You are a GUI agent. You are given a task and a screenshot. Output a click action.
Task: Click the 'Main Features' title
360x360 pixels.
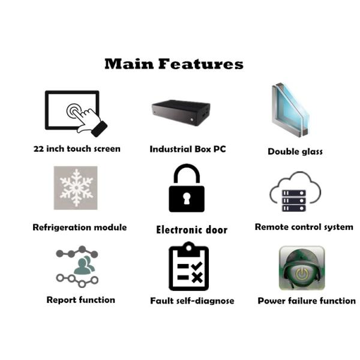click(x=174, y=64)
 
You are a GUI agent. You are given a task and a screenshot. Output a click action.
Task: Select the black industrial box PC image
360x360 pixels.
click(x=181, y=113)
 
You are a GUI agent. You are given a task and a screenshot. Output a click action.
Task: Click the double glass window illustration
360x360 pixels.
click(x=290, y=110)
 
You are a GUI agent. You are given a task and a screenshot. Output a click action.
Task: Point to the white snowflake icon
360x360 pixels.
click(x=76, y=188)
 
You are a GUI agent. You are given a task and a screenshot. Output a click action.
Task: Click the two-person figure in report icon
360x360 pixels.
click(x=84, y=265)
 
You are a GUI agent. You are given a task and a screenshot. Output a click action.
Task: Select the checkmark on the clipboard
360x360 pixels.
click(x=197, y=266)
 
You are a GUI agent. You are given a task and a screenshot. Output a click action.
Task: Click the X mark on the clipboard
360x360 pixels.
click(x=197, y=278)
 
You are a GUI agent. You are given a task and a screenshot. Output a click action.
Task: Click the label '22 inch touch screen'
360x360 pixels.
click(x=77, y=149)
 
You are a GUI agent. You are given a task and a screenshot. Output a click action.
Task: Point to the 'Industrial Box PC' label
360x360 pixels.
click(x=188, y=149)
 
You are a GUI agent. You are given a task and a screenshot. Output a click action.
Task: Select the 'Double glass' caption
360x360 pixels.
click(x=295, y=152)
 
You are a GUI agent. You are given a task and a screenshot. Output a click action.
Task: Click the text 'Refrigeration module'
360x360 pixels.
click(x=80, y=227)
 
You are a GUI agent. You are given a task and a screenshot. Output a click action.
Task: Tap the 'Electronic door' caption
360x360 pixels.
click(x=192, y=230)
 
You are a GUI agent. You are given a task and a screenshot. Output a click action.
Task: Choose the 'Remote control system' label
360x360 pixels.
click(x=304, y=227)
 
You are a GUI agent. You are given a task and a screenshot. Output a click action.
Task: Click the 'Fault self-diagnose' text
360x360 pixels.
click(x=192, y=301)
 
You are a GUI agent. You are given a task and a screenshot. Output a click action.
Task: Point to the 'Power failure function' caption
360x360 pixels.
click(x=307, y=301)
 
